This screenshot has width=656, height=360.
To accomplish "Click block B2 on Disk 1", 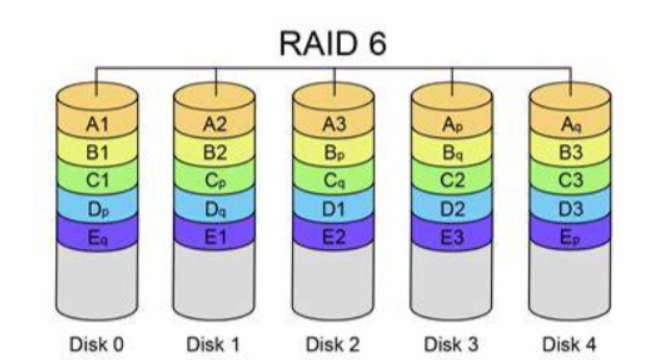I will (x=214, y=153).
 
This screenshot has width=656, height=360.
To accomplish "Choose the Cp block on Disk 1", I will (x=214, y=181).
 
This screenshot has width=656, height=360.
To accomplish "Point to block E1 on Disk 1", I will (x=214, y=237).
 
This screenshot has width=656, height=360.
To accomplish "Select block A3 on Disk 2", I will (x=332, y=125).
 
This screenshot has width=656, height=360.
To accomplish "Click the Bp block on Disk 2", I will (x=332, y=153).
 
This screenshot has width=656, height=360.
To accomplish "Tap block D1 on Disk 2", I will (x=332, y=208).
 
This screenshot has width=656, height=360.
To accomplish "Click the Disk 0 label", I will (x=97, y=344).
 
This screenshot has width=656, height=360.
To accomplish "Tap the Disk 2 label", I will (x=332, y=344).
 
